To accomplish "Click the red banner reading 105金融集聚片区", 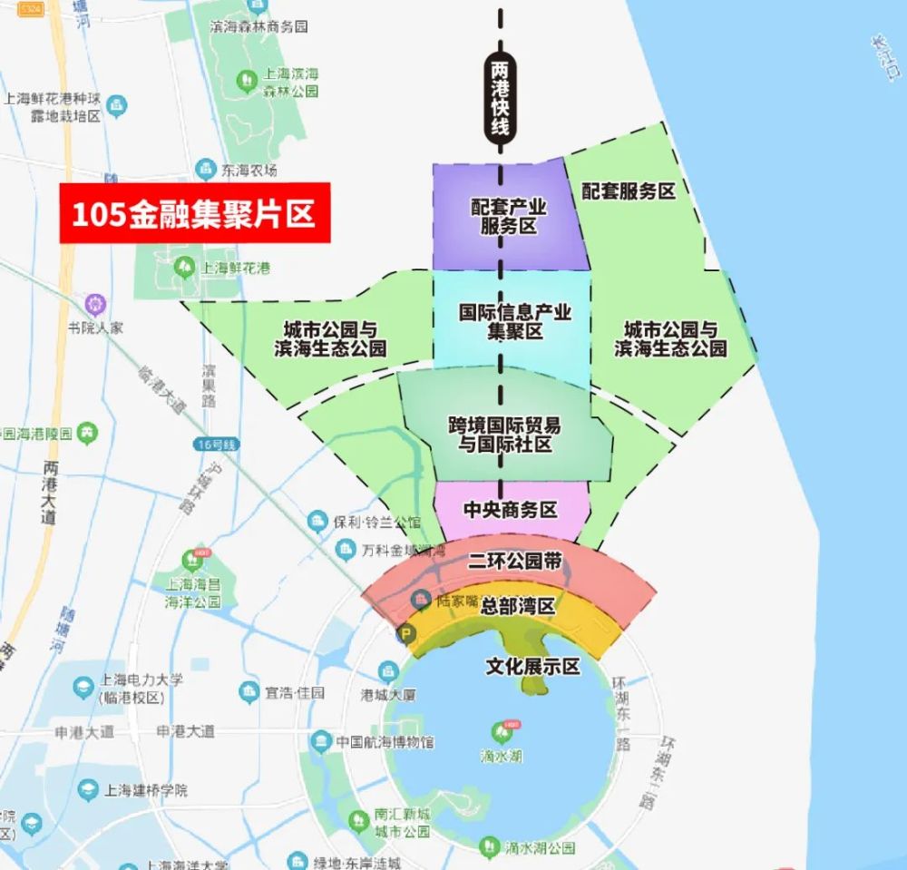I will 194,214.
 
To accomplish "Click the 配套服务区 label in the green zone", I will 629,191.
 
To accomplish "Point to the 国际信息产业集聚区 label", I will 514,321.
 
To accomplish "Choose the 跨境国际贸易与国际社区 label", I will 504,434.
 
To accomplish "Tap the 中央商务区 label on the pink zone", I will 510,510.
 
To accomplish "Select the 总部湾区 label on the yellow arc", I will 518,605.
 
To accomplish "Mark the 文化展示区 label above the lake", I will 532,667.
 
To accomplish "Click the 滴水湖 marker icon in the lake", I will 502,730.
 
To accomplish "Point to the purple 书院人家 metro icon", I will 94,304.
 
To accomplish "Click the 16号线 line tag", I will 215,445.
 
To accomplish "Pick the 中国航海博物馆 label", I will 384,742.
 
